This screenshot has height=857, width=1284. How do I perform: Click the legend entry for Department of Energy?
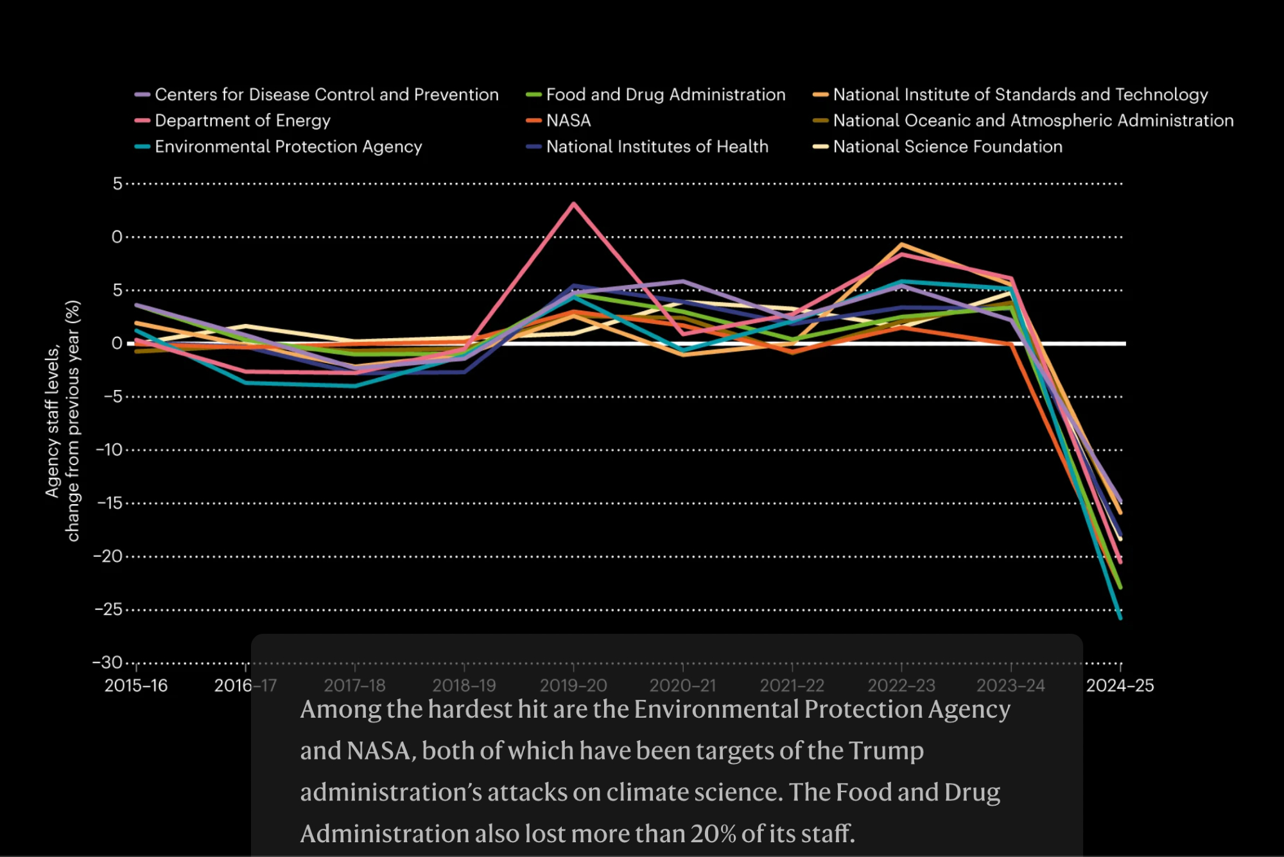pyautogui.click(x=242, y=121)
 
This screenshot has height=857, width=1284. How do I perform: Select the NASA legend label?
pyautogui.click(x=568, y=121)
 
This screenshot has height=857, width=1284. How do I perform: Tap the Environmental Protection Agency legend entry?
pyautogui.click(x=288, y=147)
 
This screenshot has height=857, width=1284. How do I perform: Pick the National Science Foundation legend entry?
pyautogui.click(x=947, y=147)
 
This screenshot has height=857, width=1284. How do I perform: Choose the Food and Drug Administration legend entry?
pyautogui.click(x=665, y=95)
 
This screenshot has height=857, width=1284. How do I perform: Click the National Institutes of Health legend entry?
pyautogui.click(x=657, y=147)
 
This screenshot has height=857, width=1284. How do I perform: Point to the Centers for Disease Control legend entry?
pyautogui.click(x=326, y=95)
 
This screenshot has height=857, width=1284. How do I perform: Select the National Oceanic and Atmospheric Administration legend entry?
pyautogui.click(x=1032, y=121)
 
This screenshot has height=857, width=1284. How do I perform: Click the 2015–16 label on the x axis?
pyautogui.click(x=136, y=686)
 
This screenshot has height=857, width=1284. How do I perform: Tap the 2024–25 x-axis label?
pyautogui.click(x=1120, y=686)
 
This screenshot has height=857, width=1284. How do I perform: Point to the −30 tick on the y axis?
pyautogui.click(x=107, y=662)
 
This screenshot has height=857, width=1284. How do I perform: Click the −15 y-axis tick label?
pyautogui.click(x=109, y=503)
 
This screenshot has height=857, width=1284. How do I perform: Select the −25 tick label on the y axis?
pyautogui.click(x=108, y=609)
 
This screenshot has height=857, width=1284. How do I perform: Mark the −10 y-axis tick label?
pyautogui.click(x=108, y=450)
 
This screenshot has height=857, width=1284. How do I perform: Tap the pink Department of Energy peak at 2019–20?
pyautogui.click(x=573, y=204)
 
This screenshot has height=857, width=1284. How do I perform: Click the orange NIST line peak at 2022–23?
pyautogui.click(x=901, y=244)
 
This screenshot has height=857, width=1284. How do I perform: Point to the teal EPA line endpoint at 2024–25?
pyautogui.click(x=1120, y=618)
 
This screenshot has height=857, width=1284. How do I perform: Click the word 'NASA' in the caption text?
pyautogui.click(x=378, y=751)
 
